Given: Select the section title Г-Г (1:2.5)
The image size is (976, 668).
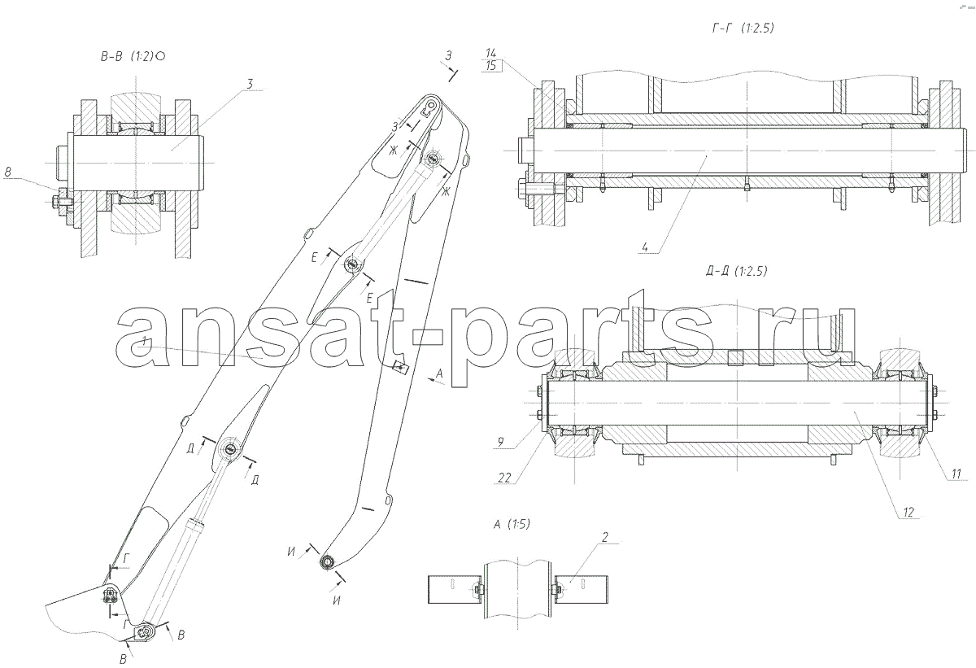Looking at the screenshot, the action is tap(743, 28).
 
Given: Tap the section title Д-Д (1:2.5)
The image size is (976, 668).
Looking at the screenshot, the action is tap(736, 272).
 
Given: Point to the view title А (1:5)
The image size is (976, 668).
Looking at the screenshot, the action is tap(512, 524).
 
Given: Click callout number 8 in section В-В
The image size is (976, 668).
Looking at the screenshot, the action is tap(8, 172).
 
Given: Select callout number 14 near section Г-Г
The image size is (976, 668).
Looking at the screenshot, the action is tap(490, 54).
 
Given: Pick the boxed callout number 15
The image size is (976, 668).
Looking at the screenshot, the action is tap(491, 66).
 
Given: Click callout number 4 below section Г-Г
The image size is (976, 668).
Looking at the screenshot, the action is tap(645, 247).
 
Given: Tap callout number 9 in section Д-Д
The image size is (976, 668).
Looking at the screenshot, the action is tap(501, 442).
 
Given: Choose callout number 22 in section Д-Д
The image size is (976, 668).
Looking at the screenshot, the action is tap(504, 478).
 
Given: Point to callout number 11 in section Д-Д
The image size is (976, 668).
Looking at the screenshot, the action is tap(956, 474).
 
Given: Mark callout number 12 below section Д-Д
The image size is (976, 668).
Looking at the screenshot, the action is tap(908, 512).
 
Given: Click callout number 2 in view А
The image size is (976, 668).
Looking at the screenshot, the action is tap(605, 537).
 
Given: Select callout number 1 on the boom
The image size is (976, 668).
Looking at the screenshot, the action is tap(146, 341).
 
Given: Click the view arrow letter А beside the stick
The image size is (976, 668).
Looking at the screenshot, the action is tap(439, 373).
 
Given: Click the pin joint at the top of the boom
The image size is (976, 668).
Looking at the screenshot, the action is tap(431, 105).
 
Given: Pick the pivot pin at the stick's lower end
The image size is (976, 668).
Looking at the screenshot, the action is tap(326, 561).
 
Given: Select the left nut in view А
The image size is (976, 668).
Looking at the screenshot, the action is tap(478, 590).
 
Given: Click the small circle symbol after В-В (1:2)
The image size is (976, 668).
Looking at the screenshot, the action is tap(160, 57).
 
